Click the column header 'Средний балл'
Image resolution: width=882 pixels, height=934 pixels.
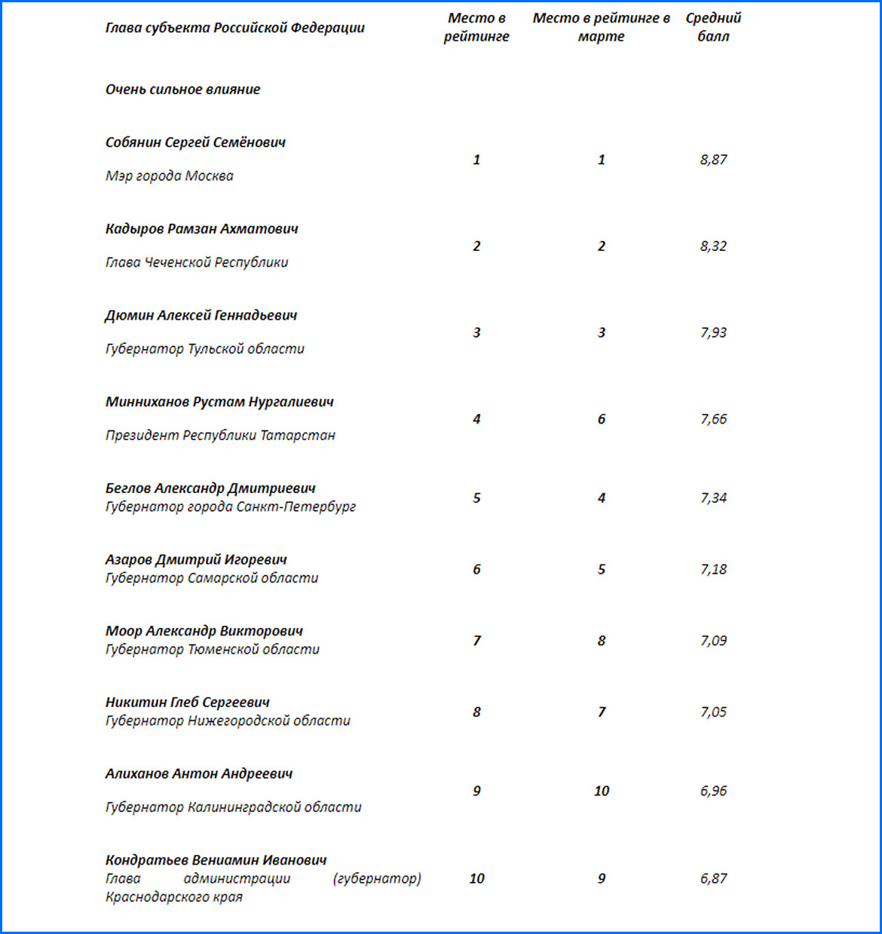(713, 27)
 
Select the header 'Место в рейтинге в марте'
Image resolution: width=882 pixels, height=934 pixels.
(601, 27)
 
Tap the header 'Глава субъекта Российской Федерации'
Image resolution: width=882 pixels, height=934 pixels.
(235, 28)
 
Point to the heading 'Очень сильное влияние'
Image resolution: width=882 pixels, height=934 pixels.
(182, 89)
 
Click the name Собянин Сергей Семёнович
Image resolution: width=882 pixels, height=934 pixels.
(195, 142)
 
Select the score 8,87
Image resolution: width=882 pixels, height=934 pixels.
(713, 159)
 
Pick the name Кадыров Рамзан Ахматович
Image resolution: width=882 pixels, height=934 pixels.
(201, 228)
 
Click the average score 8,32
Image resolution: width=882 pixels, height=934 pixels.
(713, 246)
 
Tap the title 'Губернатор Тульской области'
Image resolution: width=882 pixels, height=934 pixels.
(205, 348)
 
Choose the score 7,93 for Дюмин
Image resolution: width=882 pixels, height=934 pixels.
(713, 332)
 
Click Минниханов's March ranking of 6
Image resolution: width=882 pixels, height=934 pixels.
(601, 419)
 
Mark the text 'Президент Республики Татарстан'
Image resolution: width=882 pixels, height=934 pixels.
(220, 435)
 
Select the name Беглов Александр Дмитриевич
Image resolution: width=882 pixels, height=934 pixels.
(210, 488)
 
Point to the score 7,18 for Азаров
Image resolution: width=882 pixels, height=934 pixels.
(713, 569)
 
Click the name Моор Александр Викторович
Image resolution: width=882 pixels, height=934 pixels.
(204, 631)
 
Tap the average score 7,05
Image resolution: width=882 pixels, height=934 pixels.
(713, 712)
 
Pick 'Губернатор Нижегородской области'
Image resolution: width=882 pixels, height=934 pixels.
(228, 721)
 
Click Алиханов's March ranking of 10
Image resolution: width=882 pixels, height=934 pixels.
(601, 791)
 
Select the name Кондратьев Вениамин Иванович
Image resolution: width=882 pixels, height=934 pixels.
(216, 860)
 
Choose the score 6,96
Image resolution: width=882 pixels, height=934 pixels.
(713, 791)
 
